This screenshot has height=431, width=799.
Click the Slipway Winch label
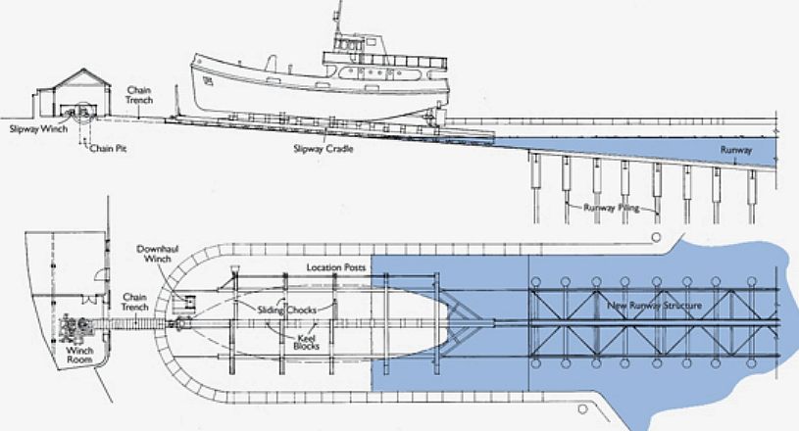coord(38,128)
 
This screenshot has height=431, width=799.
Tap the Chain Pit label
coord(108,149)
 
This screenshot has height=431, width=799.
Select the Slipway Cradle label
coord(324,149)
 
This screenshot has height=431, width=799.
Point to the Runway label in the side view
coord(736,150)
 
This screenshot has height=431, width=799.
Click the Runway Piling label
coord(611,207)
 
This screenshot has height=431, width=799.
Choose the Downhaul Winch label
coord(157,254)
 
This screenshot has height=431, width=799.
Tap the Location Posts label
coord(336,267)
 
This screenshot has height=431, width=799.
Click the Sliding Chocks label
coord(287,310)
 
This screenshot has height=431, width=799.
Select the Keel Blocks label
coord(306,342)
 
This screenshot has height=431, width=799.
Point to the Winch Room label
coord(79,355)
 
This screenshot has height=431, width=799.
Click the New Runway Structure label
coord(654,306)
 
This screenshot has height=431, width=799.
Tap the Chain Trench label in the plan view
coord(134,302)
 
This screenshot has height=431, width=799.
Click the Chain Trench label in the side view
coord(139,95)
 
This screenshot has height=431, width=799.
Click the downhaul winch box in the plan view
coord(184,304)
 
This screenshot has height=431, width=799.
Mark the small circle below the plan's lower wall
coord(582,409)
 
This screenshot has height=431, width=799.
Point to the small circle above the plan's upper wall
coord(656,237)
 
